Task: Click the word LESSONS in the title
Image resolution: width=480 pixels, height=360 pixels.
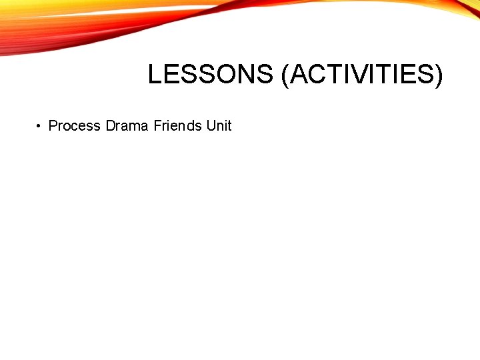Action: (210, 75)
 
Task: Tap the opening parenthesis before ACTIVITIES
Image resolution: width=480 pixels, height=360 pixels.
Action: (285, 75)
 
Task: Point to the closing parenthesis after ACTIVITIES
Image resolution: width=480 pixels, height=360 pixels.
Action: (437, 75)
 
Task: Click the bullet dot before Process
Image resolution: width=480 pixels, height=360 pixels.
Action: (40, 126)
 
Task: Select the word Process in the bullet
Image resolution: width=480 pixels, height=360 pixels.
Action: (75, 125)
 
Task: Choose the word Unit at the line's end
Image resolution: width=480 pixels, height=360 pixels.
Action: (219, 125)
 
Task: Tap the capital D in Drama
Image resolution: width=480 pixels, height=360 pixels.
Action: (111, 125)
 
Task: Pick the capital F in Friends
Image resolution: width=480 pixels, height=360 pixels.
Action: (157, 125)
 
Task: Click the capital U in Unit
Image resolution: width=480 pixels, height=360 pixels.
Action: (211, 125)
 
